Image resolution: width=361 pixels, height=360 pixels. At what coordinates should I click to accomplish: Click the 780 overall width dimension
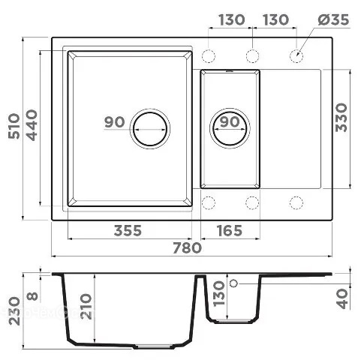(187, 247)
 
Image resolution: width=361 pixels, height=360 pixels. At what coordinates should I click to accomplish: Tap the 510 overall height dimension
(14, 126)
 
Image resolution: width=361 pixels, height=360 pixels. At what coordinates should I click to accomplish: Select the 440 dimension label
(32, 125)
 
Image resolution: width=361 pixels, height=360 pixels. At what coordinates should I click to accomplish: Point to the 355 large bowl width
(128, 230)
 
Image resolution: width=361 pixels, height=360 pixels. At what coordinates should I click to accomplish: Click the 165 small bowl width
(230, 230)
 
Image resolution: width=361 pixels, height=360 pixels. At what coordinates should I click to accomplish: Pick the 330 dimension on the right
(341, 118)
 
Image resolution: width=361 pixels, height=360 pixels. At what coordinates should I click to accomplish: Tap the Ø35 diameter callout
(334, 19)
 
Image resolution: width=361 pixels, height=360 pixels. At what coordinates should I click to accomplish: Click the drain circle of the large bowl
(150, 129)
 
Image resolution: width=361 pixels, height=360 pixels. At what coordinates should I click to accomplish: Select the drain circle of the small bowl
(230, 128)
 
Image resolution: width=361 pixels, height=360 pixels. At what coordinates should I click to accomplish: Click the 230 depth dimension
(14, 310)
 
